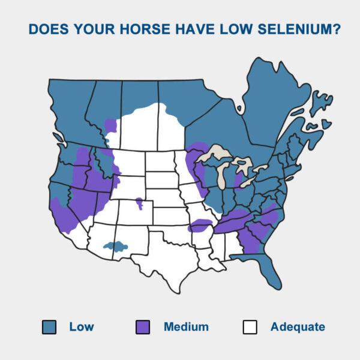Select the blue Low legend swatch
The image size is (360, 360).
(49, 327)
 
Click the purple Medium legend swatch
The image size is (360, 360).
(143, 327)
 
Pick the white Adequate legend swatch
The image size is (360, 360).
(250, 327)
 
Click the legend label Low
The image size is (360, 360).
(81, 327)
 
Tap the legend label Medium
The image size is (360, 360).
(186, 327)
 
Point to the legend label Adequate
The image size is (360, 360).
(298, 327)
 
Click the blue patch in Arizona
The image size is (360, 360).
(115, 245)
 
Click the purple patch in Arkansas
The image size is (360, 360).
(200, 226)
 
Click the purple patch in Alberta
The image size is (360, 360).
(110, 127)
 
